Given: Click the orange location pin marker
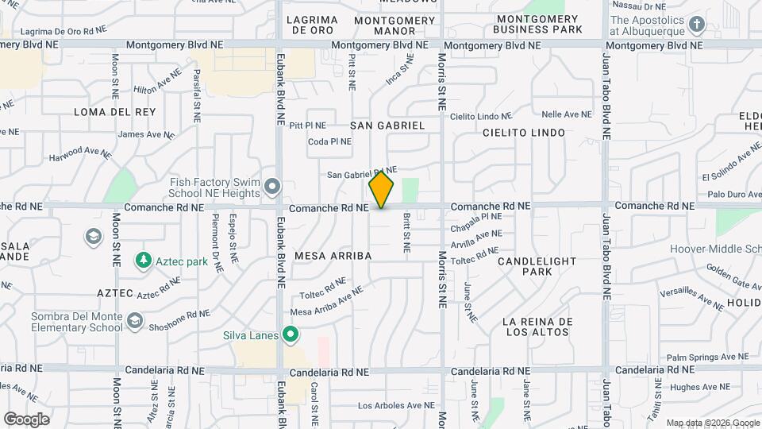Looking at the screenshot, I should (381, 190).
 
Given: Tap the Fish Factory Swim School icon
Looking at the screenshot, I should (273, 187).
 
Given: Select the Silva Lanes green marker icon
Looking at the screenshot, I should (291, 335).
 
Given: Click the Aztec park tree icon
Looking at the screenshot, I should (144, 261).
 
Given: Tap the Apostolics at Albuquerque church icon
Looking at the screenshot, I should (697, 25).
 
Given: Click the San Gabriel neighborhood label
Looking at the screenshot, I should (387, 126).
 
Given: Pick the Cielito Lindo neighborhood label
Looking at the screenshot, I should (524, 133).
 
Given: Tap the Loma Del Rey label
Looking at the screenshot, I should (115, 112).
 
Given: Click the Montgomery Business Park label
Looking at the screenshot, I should (537, 24).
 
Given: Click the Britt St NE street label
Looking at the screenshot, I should (406, 232).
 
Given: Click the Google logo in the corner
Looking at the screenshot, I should (27, 419).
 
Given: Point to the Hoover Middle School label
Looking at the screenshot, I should (714, 249).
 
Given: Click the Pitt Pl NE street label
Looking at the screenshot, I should (308, 126).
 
